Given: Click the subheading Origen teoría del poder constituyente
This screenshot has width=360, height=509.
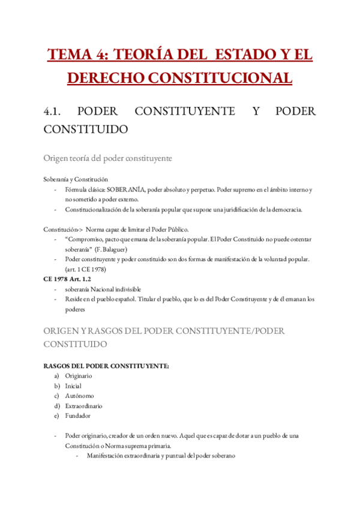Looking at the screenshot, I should pos(108,158).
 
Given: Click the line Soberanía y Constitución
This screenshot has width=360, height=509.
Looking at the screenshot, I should pos(76,179).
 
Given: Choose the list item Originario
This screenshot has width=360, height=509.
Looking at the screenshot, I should pos(79,376).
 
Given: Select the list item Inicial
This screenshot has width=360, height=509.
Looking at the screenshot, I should pos(73,385).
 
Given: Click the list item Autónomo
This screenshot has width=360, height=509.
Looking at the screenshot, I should pos(79,396).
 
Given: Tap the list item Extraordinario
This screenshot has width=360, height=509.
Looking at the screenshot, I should pos(83,405).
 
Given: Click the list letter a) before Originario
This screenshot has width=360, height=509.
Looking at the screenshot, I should pos(56,376).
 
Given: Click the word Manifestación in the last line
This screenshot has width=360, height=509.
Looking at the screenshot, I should pos(107,455).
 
